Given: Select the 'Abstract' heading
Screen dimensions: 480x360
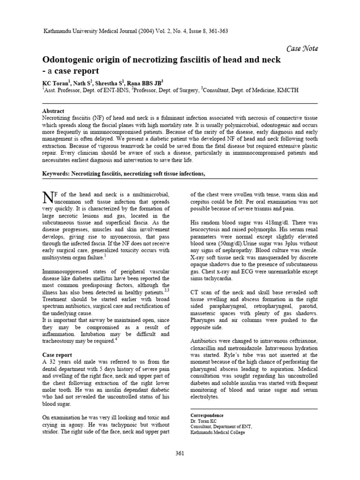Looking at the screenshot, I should click(x=53, y=111).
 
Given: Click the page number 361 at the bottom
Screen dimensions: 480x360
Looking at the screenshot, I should click(x=180, y=453).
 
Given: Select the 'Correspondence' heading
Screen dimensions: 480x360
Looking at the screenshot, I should click(x=207, y=415).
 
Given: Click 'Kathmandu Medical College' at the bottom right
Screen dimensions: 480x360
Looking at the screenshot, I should click(x=217, y=432).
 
